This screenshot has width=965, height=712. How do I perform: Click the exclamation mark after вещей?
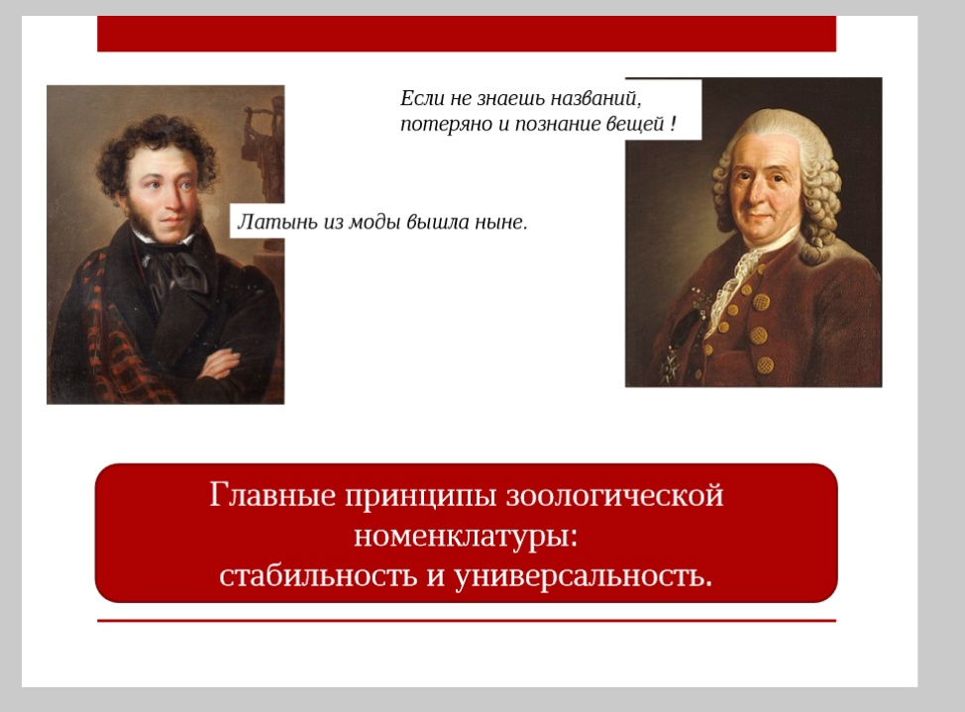674,123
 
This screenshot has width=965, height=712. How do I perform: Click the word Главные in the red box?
272,495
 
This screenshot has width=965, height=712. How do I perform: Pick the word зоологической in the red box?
614,495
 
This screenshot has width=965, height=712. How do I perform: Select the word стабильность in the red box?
318,575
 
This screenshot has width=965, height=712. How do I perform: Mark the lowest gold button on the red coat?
765,365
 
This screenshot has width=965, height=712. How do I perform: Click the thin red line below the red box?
467,621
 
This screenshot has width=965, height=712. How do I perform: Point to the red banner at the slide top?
467,34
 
